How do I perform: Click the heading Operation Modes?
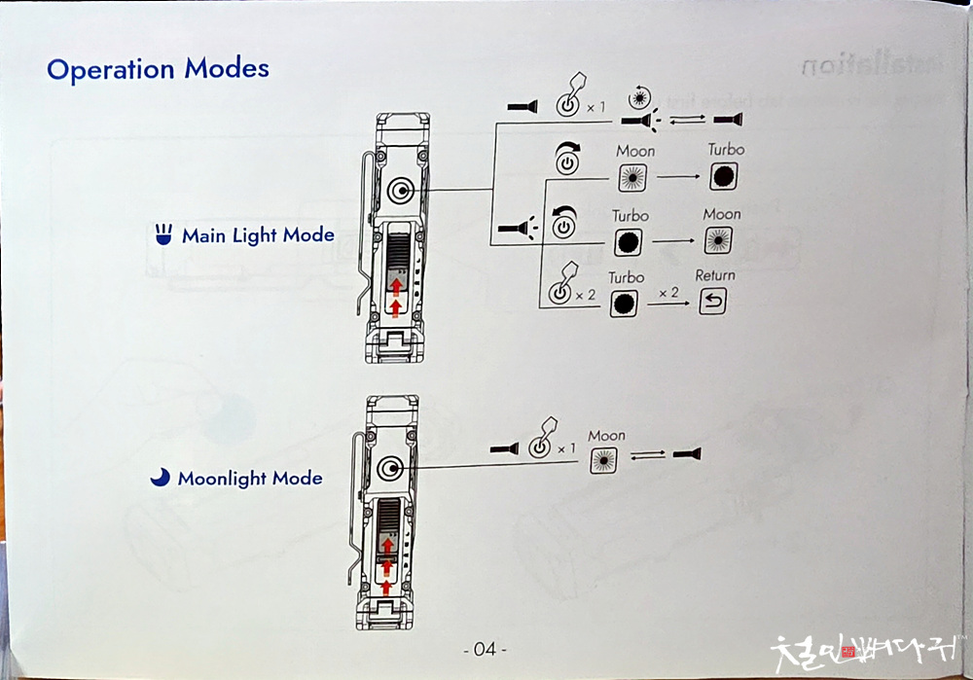[158, 70]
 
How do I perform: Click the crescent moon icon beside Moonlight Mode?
[160, 478]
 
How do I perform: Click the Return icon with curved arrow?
[713, 304]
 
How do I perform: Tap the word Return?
[715, 276]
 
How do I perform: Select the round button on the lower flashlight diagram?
[389, 469]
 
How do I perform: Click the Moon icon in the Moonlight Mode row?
[603, 459]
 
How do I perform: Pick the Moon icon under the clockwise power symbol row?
[633, 177]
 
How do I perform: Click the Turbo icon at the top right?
[724, 176]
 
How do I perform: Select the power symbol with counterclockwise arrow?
[563, 226]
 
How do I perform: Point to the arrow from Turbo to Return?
[667, 304]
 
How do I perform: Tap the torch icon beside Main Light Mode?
[163, 234]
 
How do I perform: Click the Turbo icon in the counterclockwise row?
[628, 240]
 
